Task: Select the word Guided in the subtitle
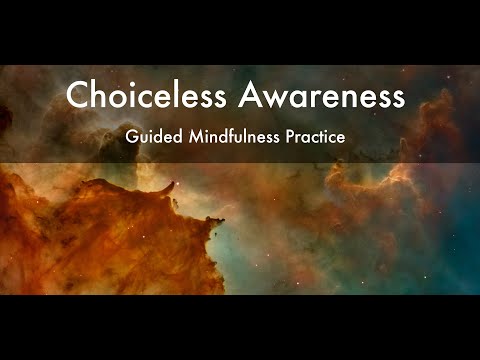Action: click(x=150, y=136)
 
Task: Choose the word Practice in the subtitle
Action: click(x=314, y=136)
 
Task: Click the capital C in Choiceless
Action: click(x=78, y=97)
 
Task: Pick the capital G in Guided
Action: click(x=132, y=136)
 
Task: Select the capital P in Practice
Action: click(x=289, y=136)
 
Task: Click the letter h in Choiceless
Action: click(x=99, y=97)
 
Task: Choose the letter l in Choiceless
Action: click(x=171, y=96)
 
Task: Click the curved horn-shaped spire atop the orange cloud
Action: click(x=175, y=184)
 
